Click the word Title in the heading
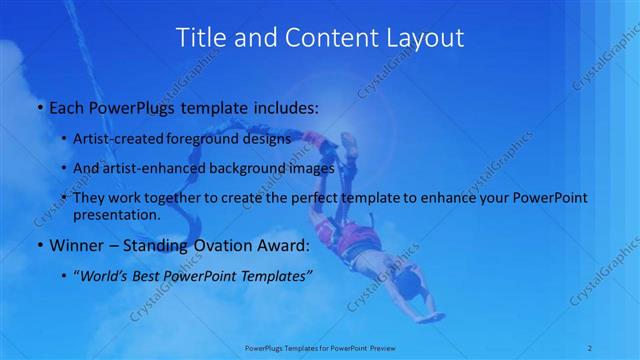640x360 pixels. [200, 38]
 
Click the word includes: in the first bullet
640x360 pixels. [282, 107]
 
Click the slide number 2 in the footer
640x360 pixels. [590, 348]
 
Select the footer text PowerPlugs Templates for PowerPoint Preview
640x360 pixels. [319, 348]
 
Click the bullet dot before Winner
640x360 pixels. [39, 244]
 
